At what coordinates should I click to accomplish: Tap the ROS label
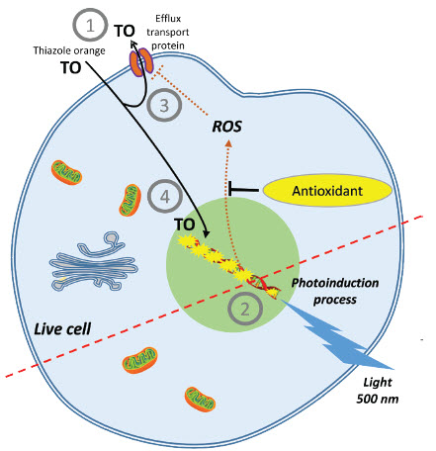pos(229,127)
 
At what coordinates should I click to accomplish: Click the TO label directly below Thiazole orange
pos(70,67)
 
